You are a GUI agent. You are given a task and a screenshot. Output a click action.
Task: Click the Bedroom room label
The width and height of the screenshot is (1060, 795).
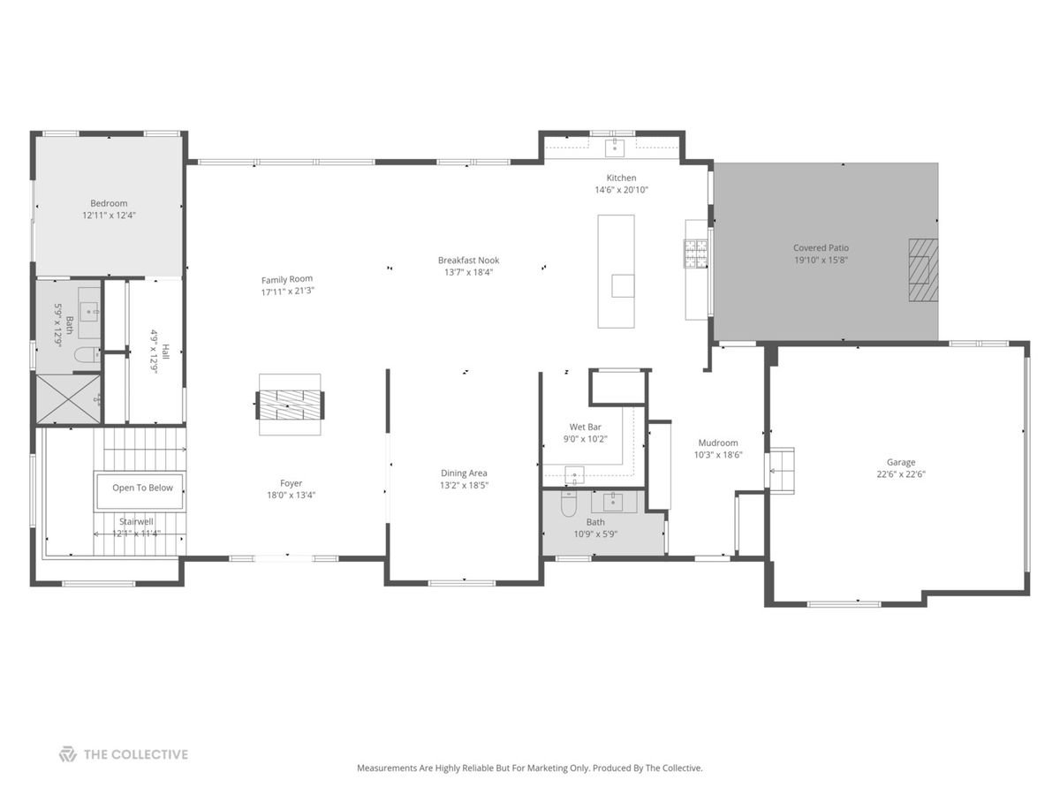tap(109, 203)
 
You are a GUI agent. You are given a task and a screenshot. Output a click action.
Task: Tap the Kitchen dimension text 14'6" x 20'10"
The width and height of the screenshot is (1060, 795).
tap(621, 190)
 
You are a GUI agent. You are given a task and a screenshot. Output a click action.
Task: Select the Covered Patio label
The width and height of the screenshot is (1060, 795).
tap(821, 247)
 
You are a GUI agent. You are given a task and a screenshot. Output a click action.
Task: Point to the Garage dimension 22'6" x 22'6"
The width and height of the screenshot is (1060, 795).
tap(901, 474)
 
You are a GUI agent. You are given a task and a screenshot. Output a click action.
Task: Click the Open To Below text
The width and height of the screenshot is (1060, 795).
tap(142, 488)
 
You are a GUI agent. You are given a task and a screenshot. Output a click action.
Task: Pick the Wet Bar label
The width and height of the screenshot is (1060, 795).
tap(585, 427)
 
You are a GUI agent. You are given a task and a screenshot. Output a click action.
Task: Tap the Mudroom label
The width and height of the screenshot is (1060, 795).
tap(717, 443)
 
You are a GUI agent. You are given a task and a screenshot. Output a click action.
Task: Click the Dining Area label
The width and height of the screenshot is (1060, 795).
tap(464, 473)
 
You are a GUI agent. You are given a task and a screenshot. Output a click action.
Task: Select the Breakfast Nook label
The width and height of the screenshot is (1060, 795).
tap(468, 261)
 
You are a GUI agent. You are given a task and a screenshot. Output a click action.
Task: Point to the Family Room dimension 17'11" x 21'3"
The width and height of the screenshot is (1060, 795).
tap(288, 291)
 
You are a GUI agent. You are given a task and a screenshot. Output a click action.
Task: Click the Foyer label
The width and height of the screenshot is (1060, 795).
tap(291, 483)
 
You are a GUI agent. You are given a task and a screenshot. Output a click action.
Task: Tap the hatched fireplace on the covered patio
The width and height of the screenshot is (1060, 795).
tap(923, 269)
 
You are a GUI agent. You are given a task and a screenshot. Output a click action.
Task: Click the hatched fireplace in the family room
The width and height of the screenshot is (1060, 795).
tap(289, 405)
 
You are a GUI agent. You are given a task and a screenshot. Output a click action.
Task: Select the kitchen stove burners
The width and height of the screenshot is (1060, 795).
tap(695, 254)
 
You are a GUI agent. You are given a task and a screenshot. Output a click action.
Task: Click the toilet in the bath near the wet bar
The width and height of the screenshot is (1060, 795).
tap(568, 503)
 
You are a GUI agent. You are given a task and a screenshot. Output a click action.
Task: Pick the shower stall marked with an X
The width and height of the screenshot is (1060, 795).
tap(68, 399)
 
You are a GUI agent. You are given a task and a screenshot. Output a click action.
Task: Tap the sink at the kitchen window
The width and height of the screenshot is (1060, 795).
tap(615, 148)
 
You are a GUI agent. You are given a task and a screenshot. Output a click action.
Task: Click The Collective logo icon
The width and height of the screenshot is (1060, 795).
tap(68, 754)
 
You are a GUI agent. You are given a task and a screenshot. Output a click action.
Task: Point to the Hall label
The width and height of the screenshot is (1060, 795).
tap(166, 352)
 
